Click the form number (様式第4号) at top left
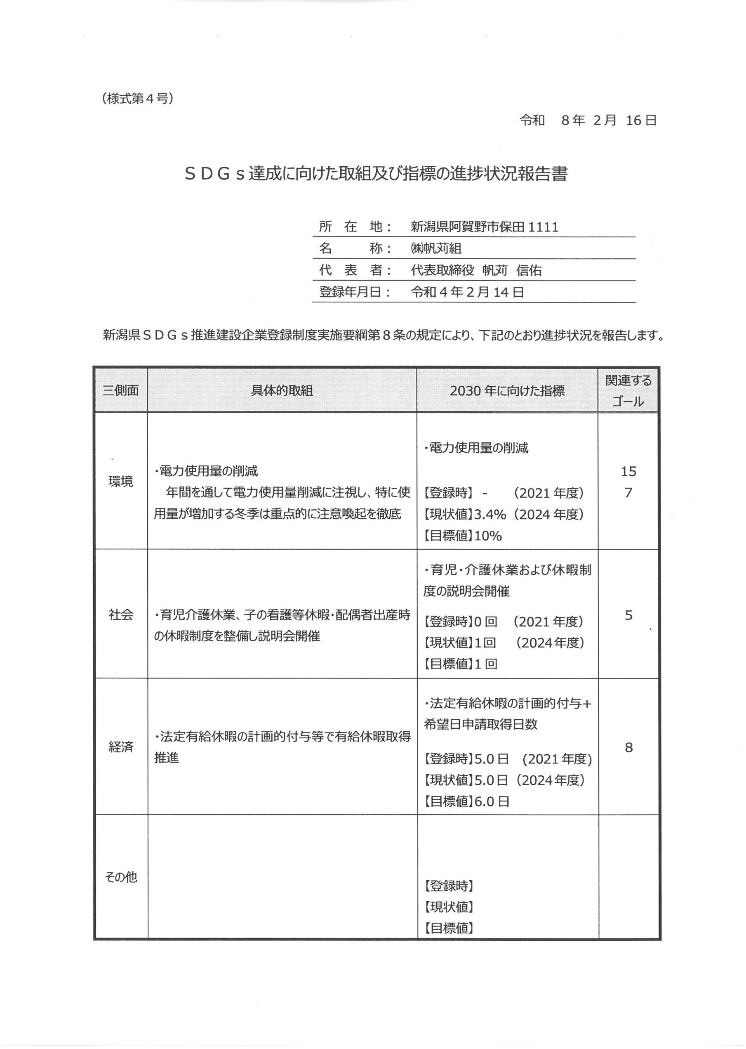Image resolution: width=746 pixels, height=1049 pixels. point(138,98)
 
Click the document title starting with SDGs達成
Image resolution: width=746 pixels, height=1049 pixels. point(375,174)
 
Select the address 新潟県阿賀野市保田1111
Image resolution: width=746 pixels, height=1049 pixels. point(484,227)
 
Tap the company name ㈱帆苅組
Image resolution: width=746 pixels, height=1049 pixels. point(436,249)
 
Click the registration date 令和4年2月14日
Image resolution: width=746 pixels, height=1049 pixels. point(467,292)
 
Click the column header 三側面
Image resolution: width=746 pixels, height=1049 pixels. point(120,390)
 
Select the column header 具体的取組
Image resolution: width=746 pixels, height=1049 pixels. point(282,391)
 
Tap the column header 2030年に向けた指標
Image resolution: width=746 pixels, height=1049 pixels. point(507,391)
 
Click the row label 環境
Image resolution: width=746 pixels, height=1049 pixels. point(120,481)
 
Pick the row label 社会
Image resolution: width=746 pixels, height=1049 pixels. point(120,614)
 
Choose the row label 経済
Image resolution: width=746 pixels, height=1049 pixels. point(120,747)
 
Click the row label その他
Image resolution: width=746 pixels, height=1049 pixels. point(120,877)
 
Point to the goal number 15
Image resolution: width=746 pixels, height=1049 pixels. point(628,471)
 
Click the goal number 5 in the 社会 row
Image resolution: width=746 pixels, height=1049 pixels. point(628,614)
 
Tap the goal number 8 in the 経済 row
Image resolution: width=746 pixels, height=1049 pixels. point(628,747)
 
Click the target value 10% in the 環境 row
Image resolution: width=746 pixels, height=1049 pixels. point(488,536)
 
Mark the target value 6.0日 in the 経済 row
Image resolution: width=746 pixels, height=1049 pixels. point(492,801)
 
